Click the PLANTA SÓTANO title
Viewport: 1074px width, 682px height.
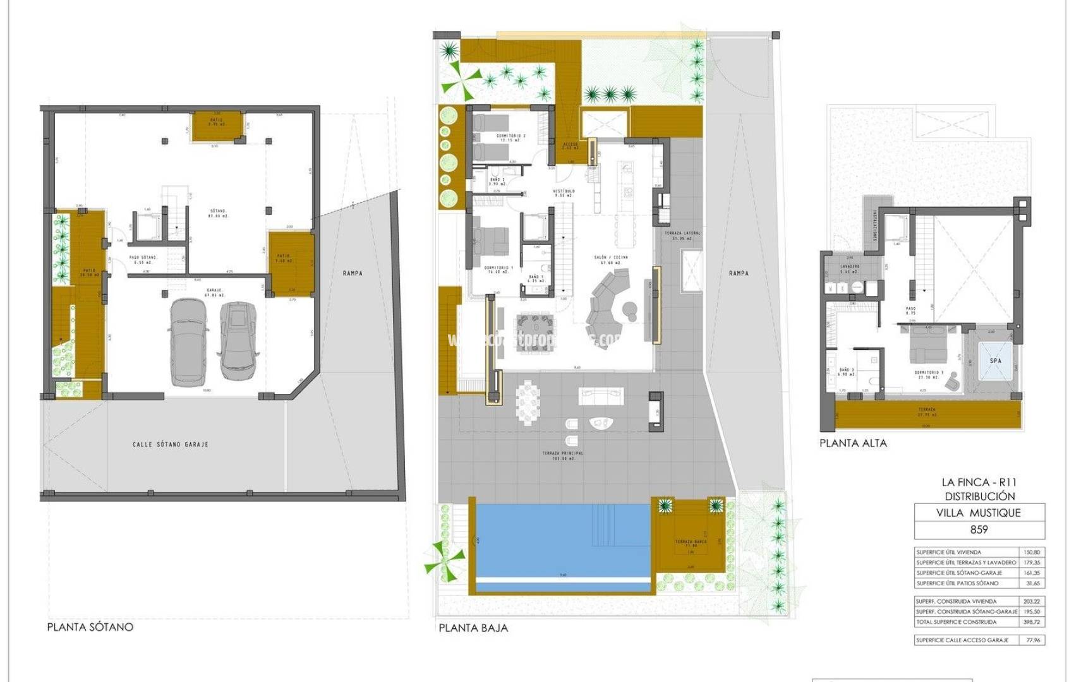point(90,627)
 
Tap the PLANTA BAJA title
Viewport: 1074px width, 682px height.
point(473,628)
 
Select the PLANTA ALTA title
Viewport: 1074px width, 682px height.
point(853,443)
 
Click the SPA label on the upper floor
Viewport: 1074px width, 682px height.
point(996,361)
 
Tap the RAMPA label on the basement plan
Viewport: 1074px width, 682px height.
point(353,273)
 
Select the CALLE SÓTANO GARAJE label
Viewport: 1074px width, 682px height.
point(170,444)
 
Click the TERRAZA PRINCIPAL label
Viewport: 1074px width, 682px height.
point(562,453)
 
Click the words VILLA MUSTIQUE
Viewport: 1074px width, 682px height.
point(978,513)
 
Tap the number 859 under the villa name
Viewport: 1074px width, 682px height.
point(979,529)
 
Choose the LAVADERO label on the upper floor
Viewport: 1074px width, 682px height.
point(850,266)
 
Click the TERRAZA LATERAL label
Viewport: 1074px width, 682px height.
point(682,233)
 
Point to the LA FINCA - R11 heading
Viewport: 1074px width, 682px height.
point(979,482)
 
